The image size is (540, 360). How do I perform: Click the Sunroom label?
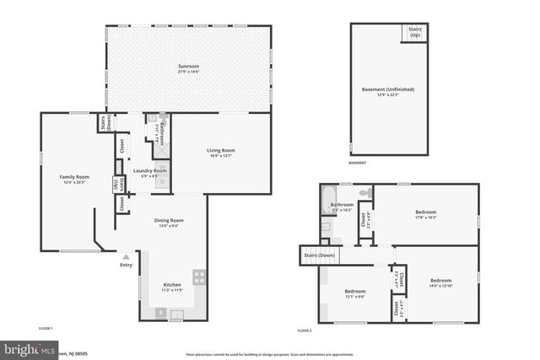(188, 68)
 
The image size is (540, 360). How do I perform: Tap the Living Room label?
(221, 153)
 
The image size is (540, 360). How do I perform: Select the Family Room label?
(73, 180)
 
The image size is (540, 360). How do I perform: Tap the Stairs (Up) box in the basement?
(414, 32)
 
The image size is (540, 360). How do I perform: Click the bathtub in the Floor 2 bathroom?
(326, 202)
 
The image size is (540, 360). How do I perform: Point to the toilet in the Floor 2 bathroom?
(364, 194)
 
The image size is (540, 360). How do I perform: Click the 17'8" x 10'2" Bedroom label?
(425, 214)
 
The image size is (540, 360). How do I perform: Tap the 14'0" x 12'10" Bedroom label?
(440, 282)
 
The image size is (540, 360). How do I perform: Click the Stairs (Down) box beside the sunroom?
(106, 123)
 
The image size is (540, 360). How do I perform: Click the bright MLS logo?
(30, 348)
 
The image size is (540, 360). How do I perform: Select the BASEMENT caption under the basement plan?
(358, 162)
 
